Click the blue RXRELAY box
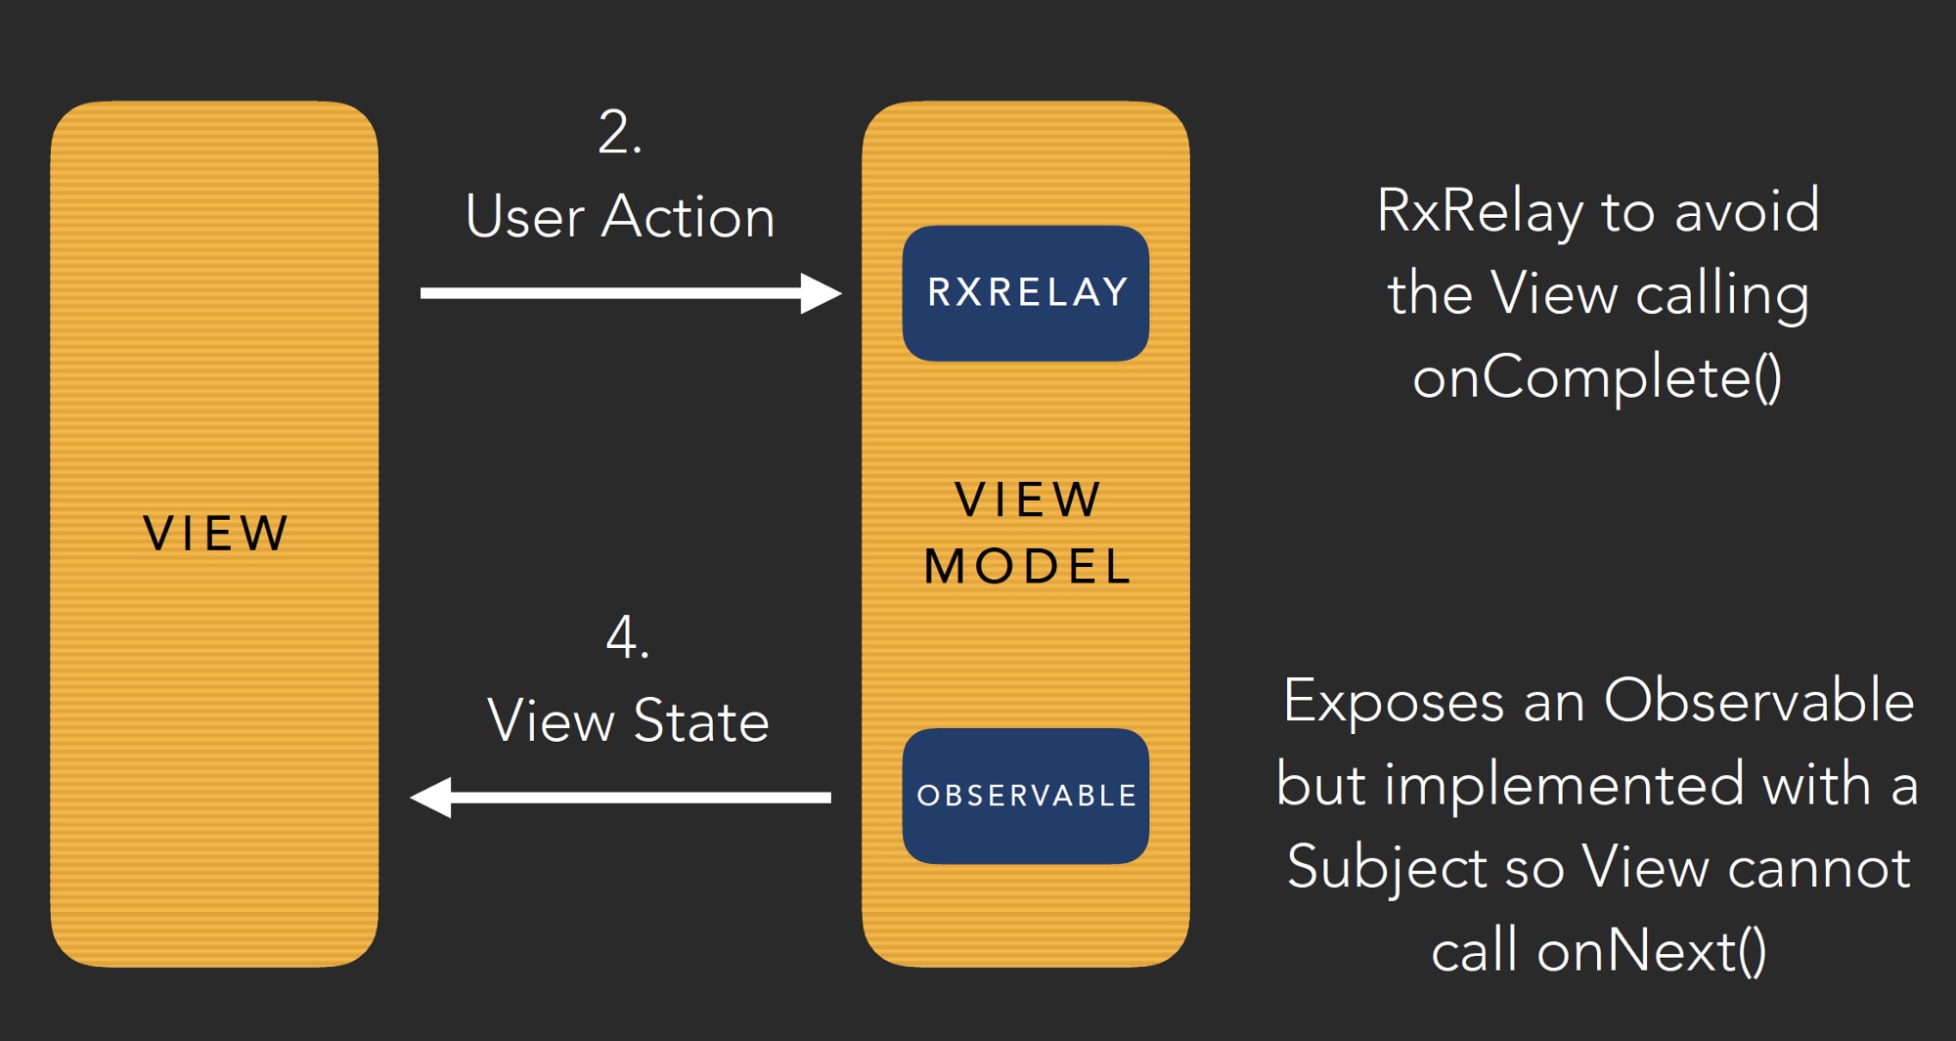pos(1025,293)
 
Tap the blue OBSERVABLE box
pos(1025,796)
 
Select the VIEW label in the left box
pos(215,534)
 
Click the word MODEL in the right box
pos(1027,567)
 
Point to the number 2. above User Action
pos(620,133)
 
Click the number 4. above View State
pos(627,638)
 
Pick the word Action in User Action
pos(688,217)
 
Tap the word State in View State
pos(701,721)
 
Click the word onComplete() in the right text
pos(1597,377)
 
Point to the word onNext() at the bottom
pos(1652,950)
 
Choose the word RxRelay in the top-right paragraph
pos(1479,211)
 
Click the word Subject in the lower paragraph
pos(1386,868)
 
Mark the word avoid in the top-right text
pos(1747,211)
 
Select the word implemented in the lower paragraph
pos(1564,785)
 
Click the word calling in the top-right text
pos(1722,295)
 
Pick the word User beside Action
pos(524,217)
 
